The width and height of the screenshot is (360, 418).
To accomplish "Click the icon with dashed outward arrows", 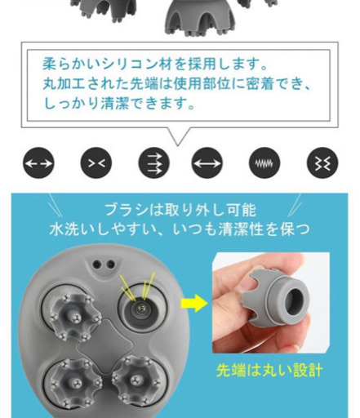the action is [38, 163].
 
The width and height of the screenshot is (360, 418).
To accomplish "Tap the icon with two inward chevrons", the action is [96, 163].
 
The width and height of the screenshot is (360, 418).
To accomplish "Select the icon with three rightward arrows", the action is [154, 163].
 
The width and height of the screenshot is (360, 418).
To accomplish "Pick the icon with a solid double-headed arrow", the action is [207, 163].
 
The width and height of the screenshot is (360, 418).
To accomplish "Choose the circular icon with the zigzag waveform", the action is [264, 163].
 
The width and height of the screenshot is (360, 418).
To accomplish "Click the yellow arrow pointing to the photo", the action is [194, 303].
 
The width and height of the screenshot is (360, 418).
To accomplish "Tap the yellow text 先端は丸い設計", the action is [269, 371].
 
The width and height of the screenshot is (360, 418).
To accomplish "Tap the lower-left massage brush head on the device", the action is [75, 383].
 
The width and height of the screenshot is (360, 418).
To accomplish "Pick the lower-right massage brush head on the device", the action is [136, 380].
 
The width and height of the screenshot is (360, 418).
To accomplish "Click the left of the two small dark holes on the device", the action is [96, 264].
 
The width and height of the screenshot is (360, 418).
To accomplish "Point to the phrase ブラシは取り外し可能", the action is [180, 210].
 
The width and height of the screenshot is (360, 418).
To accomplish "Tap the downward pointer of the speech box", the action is [178, 136].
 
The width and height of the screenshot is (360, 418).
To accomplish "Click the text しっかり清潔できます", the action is [119, 104].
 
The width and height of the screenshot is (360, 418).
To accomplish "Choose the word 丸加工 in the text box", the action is [64, 84].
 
